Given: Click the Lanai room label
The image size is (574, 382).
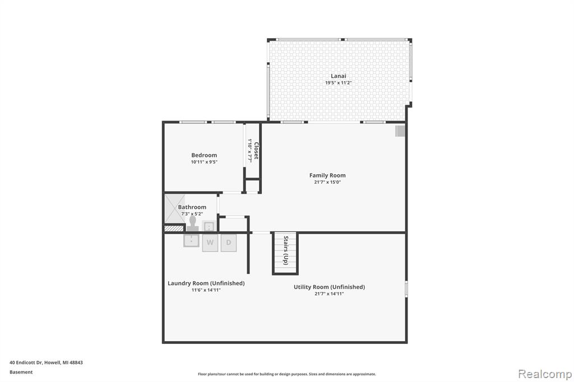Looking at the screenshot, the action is tap(338, 76).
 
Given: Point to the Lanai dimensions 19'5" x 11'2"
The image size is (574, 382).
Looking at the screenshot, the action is tap(338, 83).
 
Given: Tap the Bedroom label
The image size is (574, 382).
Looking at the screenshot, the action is tap(204, 155).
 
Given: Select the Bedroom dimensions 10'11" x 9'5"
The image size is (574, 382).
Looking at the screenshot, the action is tap(204, 162).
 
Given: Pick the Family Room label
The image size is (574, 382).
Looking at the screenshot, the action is tap(327, 175).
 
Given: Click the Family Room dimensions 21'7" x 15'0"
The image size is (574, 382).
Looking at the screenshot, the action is tap(327, 182).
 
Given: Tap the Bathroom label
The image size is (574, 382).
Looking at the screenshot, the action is tap(192, 207).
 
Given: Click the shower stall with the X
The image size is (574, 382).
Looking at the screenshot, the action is tap(175, 208).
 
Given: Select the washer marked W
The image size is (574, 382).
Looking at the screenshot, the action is tap(210, 243).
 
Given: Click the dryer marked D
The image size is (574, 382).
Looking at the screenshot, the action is tap(229, 243).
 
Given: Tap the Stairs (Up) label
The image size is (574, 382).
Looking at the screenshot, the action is tap(286, 250).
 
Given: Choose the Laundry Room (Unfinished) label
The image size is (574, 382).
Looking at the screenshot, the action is tap(206, 283).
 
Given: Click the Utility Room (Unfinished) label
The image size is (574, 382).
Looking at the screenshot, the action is tap(329, 287).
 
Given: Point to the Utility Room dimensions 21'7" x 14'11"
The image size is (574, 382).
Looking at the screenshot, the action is tap(329, 294).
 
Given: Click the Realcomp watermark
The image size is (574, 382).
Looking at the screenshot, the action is tap(545, 374).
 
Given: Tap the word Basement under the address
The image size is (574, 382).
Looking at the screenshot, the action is tap(21, 372).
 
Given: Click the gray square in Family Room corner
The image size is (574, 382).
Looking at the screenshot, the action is tap(400, 131).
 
